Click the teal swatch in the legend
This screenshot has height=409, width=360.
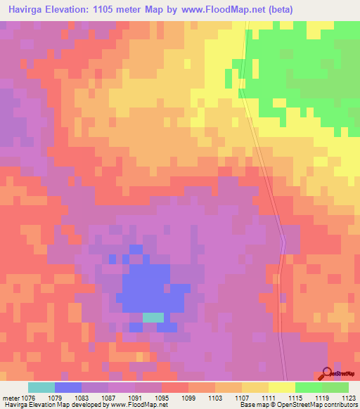click(41, 387)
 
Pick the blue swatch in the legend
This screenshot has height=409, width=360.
click(67, 387)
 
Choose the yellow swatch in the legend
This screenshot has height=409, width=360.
click(281, 387)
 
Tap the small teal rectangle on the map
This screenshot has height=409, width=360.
click(153, 318)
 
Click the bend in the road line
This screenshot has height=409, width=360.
click(283, 243)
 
